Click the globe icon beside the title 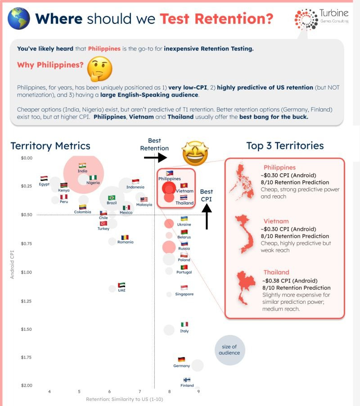click(x=19, y=18)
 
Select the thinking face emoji click(x=99, y=68)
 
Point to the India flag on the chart click(x=82, y=166)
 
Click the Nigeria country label click(x=93, y=183)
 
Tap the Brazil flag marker click(x=112, y=198)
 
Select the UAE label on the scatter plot click(x=121, y=290)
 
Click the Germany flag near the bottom click(x=181, y=359)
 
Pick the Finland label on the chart click(x=187, y=386)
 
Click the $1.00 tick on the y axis click(x=27, y=272)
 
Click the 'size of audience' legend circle click(x=229, y=350)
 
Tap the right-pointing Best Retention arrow click(x=155, y=157)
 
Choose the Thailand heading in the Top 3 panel click(x=276, y=272)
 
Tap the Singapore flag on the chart click(x=184, y=288)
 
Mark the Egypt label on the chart click(x=44, y=184)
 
